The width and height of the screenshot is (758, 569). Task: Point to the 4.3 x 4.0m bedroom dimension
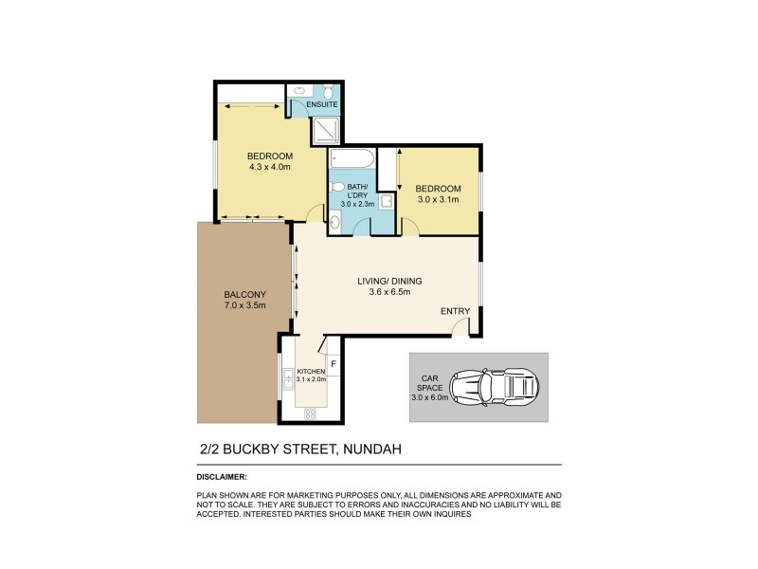tap(270, 167)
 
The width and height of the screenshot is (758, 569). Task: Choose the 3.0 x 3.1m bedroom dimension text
tap(438, 200)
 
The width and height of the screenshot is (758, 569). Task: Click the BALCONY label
tap(217, 294)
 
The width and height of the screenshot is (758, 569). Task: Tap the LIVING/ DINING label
tap(389, 281)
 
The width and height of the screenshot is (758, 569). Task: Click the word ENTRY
tap(455, 312)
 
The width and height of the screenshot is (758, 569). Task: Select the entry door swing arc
tap(459, 326)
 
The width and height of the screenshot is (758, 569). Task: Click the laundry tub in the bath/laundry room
tap(387, 201)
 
